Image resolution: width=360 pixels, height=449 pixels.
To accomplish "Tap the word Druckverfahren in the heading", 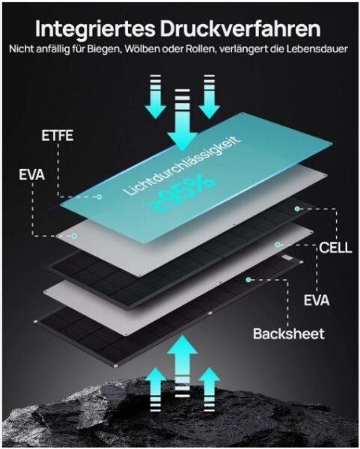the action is pyautogui.click(x=240, y=28).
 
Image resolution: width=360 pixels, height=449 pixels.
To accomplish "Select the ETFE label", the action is pyautogui.click(x=58, y=135).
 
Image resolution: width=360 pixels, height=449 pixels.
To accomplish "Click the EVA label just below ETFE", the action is pyautogui.click(x=31, y=174).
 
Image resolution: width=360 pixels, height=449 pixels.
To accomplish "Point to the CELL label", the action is pyautogui.click(x=335, y=248).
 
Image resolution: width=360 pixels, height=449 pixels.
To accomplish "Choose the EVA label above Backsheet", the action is pyautogui.click(x=317, y=301).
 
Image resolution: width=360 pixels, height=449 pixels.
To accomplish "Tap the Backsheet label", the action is pyautogui.click(x=289, y=334).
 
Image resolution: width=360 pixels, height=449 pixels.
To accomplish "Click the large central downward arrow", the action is pyautogui.click(x=182, y=120).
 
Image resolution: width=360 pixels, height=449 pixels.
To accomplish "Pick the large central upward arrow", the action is pyautogui.click(x=183, y=366).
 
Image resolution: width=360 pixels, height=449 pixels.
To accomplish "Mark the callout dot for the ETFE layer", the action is pyautogui.click(x=100, y=197).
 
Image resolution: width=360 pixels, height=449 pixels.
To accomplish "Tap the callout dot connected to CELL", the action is pyautogui.click(x=297, y=209).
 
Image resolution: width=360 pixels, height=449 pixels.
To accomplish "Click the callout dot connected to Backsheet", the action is pyautogui.click(x=248, y=279).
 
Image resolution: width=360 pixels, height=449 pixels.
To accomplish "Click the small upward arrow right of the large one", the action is pyautogui.click(x=210, y=389).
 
